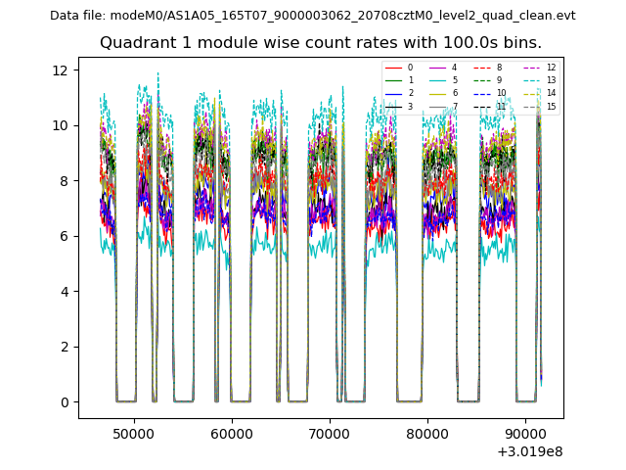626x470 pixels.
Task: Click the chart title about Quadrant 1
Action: point(320,43)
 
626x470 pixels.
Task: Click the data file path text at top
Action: point(313,16)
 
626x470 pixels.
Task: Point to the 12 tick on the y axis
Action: point(60,70)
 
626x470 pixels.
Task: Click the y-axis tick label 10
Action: point(60,125)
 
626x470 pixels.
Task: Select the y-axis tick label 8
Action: point(64,181)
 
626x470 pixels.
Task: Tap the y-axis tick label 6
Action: point(64,236)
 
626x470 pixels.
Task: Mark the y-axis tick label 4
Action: point(64,292)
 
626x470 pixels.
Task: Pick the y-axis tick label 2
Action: point(64,347)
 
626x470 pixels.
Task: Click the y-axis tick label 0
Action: point(64,402)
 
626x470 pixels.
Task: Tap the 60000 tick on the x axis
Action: point(232,433)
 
